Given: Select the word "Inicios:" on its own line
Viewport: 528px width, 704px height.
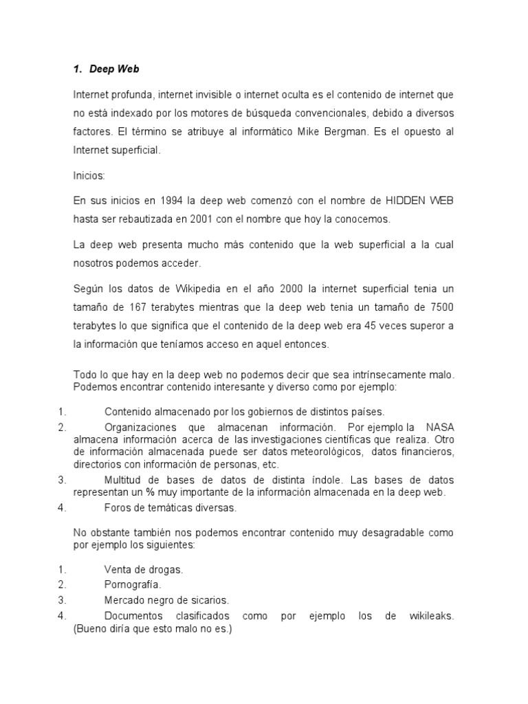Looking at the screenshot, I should [x=89, y=175].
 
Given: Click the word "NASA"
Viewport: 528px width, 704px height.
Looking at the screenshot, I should [x=440, y=427].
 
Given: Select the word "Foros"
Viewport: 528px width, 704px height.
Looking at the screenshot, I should [x=118, y=508].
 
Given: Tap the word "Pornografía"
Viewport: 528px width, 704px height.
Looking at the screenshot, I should [x=133, y=584].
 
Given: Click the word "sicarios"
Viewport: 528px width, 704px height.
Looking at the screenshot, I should [x=209, y=600].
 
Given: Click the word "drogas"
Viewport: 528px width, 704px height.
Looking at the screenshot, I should [x=166, y=569].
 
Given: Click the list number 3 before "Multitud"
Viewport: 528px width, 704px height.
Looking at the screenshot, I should [x=61, y=480].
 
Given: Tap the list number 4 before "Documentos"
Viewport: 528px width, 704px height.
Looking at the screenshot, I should [x=61, y=616].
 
